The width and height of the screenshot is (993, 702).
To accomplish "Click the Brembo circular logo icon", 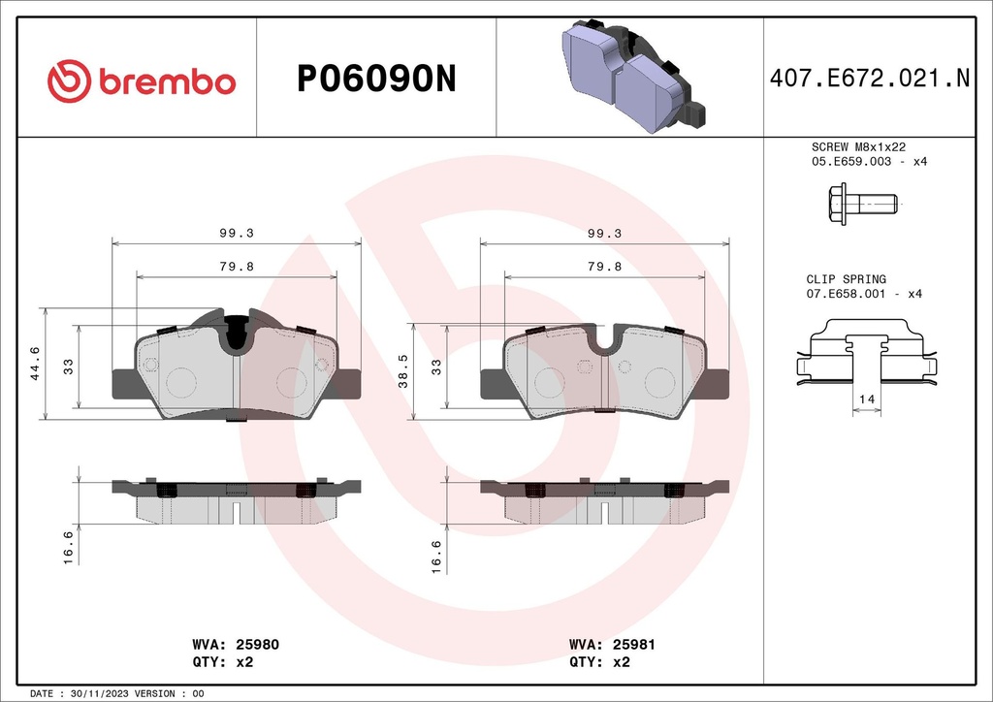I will (69, 80).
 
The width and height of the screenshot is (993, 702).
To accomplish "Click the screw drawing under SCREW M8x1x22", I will (862, 205).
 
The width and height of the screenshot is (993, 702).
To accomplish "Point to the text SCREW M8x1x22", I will (858, 146).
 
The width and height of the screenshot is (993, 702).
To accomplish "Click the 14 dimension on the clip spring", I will (866, 399).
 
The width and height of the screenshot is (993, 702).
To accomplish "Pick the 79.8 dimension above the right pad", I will (604, 267).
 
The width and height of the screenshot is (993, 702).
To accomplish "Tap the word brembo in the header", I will (166, 82).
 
